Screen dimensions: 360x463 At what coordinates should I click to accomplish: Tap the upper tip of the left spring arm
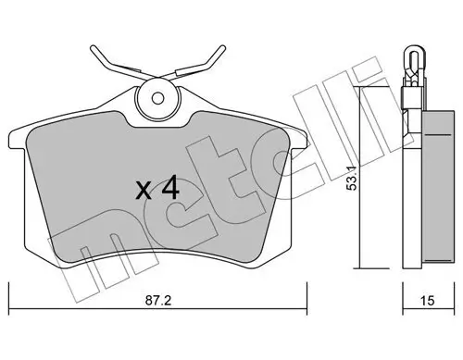point(93,45)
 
